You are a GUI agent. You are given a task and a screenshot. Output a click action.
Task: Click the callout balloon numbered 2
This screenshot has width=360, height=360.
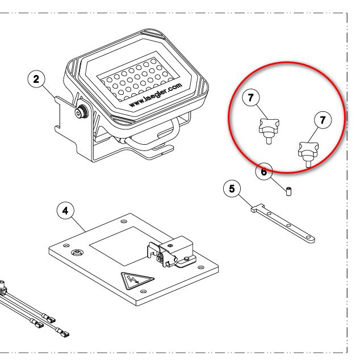click(x=36, y=79)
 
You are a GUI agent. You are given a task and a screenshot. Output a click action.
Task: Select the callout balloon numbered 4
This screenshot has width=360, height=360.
click(x=66, y=211)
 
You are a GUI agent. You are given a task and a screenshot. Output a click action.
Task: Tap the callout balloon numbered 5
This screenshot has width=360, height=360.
click(x=232, y=189)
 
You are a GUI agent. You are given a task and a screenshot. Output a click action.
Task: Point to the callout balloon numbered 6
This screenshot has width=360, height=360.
click(x=264, y=171)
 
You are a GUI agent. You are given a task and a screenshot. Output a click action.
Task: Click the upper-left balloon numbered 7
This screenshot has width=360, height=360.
click(x=251, y=98)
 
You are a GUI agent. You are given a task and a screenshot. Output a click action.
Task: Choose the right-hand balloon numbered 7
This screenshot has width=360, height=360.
click(x=323, y=120)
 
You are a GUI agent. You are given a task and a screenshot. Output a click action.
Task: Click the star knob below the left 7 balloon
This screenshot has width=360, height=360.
click(x=269, y=131)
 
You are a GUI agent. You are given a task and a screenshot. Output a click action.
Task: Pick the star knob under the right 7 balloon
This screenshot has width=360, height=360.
click(x=308, y=154)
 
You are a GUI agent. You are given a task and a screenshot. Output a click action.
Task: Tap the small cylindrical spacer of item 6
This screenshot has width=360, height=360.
click(x=289, y=191)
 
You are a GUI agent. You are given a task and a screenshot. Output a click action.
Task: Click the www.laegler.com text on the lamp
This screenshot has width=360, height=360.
click(x=156, y=95)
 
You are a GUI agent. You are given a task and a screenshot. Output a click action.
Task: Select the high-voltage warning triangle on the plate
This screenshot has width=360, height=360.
click(x=137, y=281)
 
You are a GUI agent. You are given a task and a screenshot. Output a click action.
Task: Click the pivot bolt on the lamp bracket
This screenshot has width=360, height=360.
click(x=82, y=112)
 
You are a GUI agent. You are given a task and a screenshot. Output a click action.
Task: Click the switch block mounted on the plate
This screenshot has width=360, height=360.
click(x=172, y=252)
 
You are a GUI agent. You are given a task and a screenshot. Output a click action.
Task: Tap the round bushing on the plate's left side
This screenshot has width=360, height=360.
click(x=77, y=253)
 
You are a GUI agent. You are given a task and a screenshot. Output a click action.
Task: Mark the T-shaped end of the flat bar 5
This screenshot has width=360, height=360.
click(x=258, y=208)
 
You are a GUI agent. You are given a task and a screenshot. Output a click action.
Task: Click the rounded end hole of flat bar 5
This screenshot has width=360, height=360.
click(x=308, y=237)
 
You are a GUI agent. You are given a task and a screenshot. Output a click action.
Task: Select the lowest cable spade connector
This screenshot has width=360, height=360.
click(x=62, y=332)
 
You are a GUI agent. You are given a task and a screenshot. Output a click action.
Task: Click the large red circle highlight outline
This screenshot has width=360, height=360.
click(x=287, y=117)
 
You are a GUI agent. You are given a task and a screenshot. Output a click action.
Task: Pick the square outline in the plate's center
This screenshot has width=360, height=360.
click(x=131, y=246)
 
